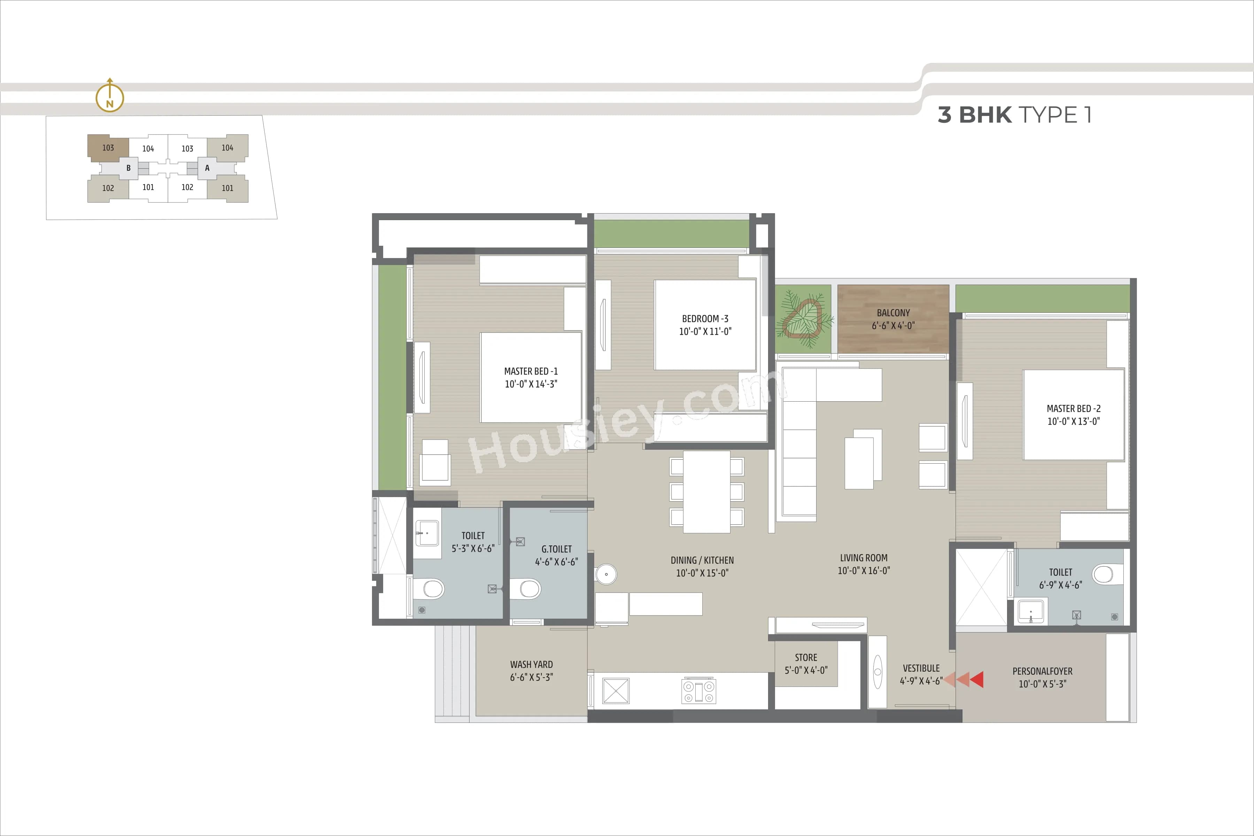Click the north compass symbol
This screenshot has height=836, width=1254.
click(x=109, y=97)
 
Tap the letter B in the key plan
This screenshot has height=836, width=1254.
click(x=129, y=168)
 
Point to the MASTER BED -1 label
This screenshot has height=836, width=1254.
click(x=531, y=371)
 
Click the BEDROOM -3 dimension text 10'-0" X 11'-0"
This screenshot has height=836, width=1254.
click(x=705, y=332)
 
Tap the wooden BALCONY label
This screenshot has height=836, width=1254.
click(x=893, y=313)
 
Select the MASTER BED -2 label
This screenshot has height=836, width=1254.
click(x=1073, y=408)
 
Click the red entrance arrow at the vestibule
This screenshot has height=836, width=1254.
click(x=976, y=679)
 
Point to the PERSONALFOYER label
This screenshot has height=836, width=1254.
click(x=1042, y=671)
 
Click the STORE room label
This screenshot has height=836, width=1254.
click(x=806, y=657)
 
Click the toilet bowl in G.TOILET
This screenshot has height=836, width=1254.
click(x=528, y=589)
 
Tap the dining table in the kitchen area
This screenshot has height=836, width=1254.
click(x=706, y=491)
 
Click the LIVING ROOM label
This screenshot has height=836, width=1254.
click(x=864, y=558)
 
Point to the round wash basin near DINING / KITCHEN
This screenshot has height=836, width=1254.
click(x=606, y=574)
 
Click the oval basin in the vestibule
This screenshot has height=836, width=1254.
click(x=877, y=672)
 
